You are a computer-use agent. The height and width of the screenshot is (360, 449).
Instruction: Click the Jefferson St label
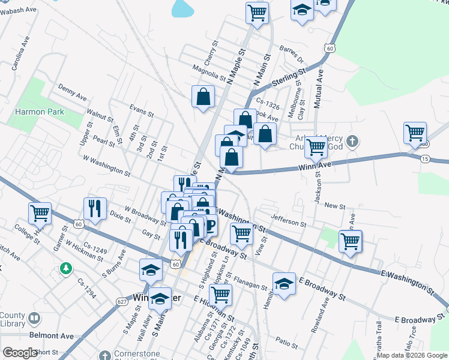coord(288,222)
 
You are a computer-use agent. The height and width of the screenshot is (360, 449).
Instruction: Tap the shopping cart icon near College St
coord(40,212)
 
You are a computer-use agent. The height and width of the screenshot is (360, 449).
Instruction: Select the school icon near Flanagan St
coord(285,283)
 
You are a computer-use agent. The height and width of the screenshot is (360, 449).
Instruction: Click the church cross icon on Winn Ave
coord(353,142)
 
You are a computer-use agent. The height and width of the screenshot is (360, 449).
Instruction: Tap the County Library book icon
coord(34,318)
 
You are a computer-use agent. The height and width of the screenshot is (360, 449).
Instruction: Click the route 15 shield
coord(425,159)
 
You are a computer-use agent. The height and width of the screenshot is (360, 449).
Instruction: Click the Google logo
coord(20,353)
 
